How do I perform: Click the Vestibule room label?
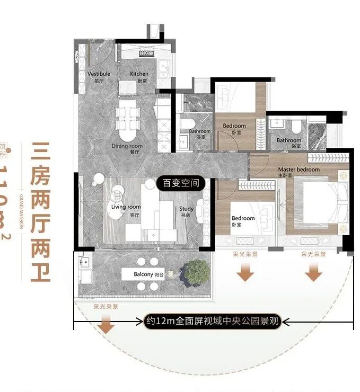click(x=99, y=74)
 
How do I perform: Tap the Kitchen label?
click(x=139, y=74)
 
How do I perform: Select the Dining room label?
click(x=127, y=146)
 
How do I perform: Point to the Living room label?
click(x=126, y=207)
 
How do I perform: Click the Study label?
click(x=187, y=209)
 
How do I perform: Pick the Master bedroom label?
click(x=299, y=170)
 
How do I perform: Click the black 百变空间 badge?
click(x=181, y=184)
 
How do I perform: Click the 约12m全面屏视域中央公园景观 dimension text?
click(x=213, y=320)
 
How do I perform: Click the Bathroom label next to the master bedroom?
click(x=288, y=140)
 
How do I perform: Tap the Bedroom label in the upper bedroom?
click(x=234, y=126)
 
